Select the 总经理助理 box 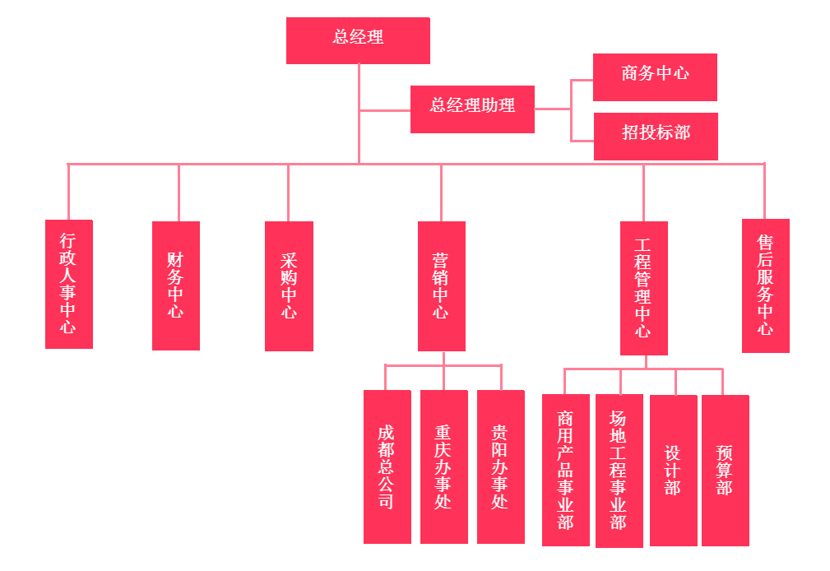(x=472, y=109)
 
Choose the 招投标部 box (x=655, y=136)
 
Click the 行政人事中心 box (x=68, y=284)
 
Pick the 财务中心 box (x=176, y=285)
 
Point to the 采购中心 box (x=289, y=285)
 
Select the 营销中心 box (x=441, y=285)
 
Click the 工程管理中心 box (x=643, y=288)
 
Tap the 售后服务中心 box (x=765, y=285)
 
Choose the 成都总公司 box (x=387, y=467)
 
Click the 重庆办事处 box (x=443, y=467)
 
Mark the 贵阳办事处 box (x=500, y=467)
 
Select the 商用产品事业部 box (x=565, y=470)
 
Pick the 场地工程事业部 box (x=619, y=470)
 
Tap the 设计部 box (x=673, y=470)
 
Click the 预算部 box (x=725, y=470)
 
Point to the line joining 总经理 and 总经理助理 (x=385, y=110)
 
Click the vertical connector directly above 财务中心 (x=179, y=193)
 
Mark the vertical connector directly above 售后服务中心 (x=764, y=191)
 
